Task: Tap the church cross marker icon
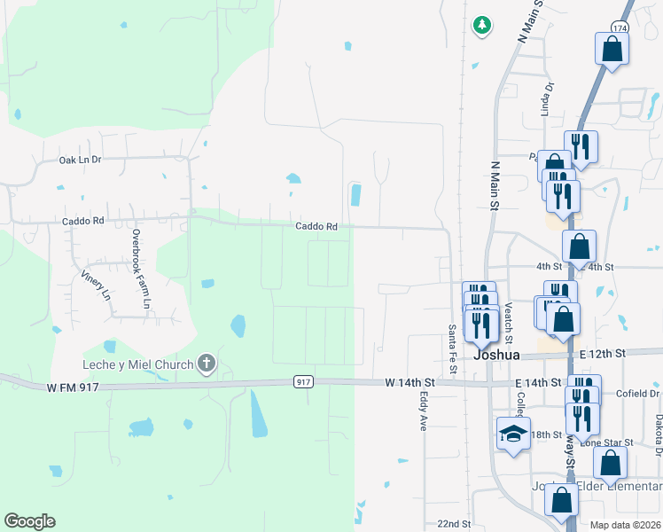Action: (x=207, y=362)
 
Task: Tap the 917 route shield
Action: (x=303, y=381)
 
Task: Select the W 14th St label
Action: (x=412, y=382)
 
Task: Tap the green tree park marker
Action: (x=482, y=25)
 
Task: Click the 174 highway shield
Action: (x=619, y=28)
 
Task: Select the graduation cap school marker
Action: (x=513, y=434)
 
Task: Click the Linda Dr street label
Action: (x=547, y=99)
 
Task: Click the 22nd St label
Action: (x=454, y=524)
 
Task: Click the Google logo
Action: (x=29, y=521)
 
